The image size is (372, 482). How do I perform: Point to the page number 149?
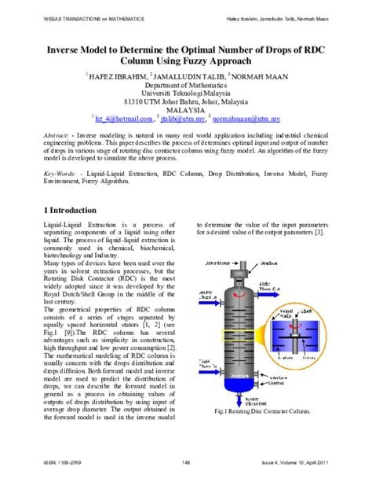click(x=186, y=462)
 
